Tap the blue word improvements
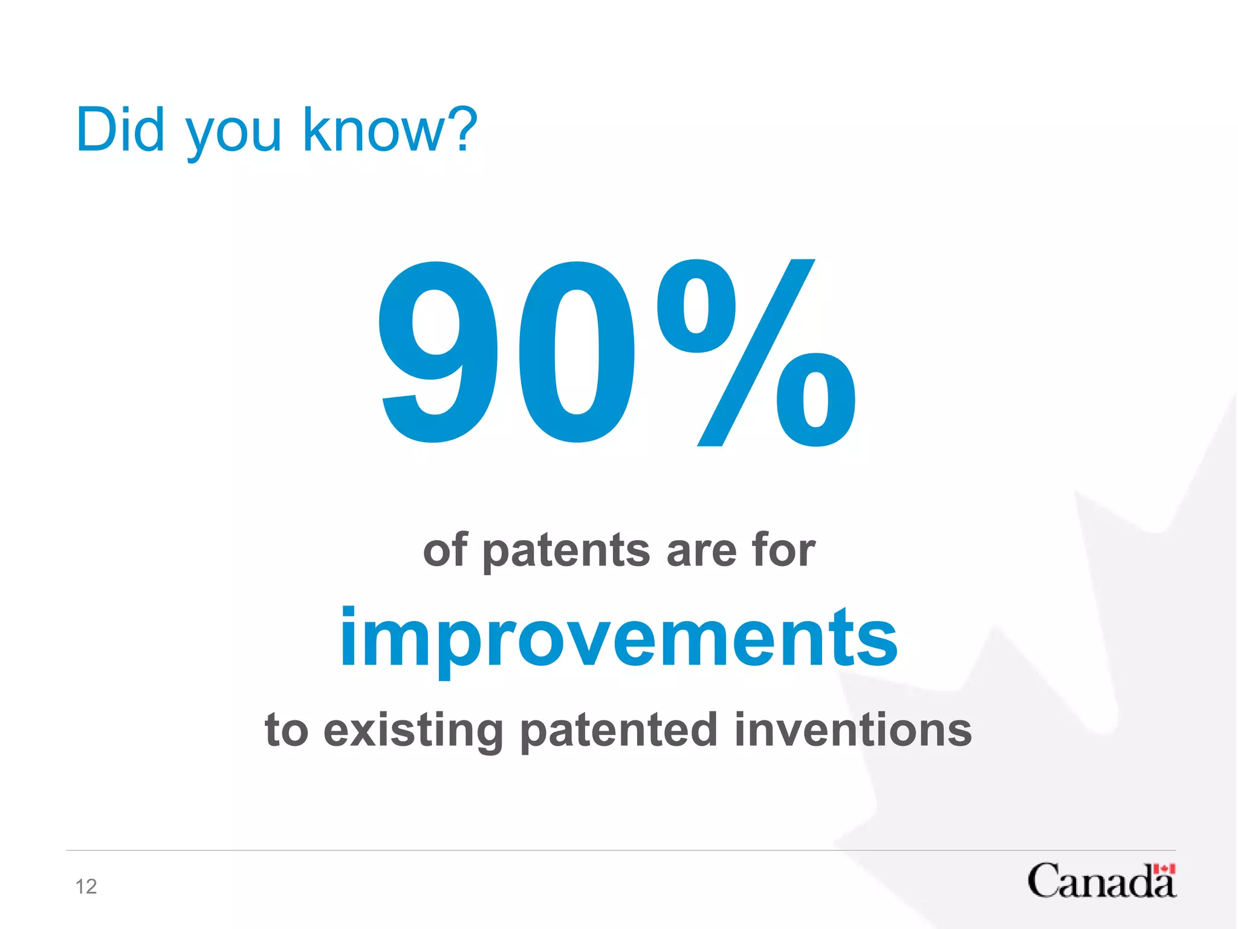618,639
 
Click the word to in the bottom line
287,731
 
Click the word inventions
853,729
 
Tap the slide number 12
86,887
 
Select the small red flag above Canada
1164,869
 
